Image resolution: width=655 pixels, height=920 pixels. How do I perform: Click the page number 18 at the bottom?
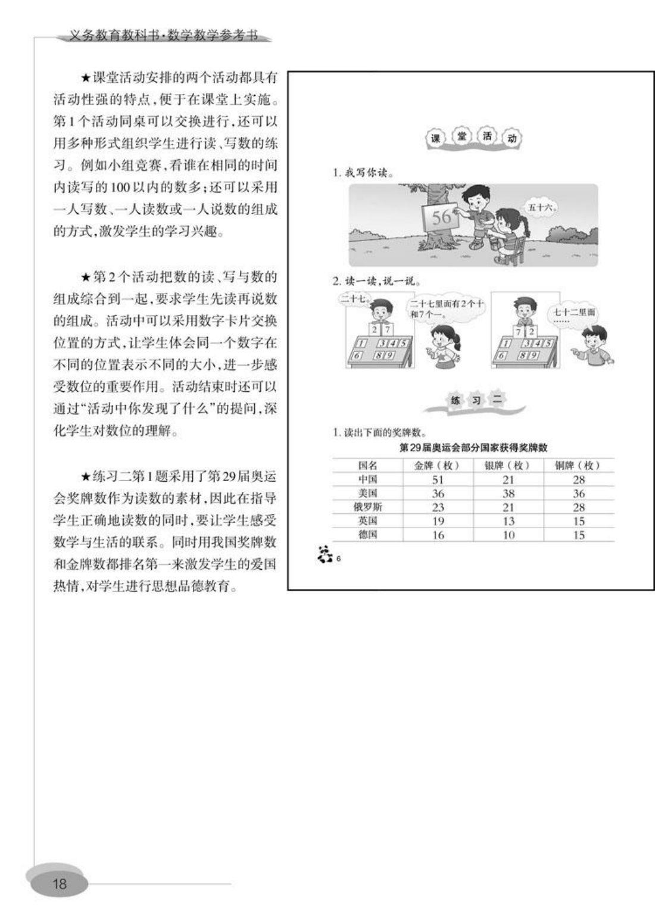(60, 884)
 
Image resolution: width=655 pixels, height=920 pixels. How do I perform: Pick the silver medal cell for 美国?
(509, 494)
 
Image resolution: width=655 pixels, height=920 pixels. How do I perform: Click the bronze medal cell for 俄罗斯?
(579, 507)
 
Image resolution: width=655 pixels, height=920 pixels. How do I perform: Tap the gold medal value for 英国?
(438, 521)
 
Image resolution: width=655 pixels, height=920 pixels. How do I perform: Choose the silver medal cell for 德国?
(509, 535)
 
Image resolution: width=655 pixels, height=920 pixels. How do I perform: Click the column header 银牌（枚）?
(509, 466)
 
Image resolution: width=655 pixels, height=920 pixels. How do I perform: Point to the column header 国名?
(368, 466)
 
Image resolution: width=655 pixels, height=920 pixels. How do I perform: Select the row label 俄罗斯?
(368, 507)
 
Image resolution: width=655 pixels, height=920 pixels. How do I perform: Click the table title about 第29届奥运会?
(473, 447)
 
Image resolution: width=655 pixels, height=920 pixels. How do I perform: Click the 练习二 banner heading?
(475, 401)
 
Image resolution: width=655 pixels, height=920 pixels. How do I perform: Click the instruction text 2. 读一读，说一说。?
(373, 281)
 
